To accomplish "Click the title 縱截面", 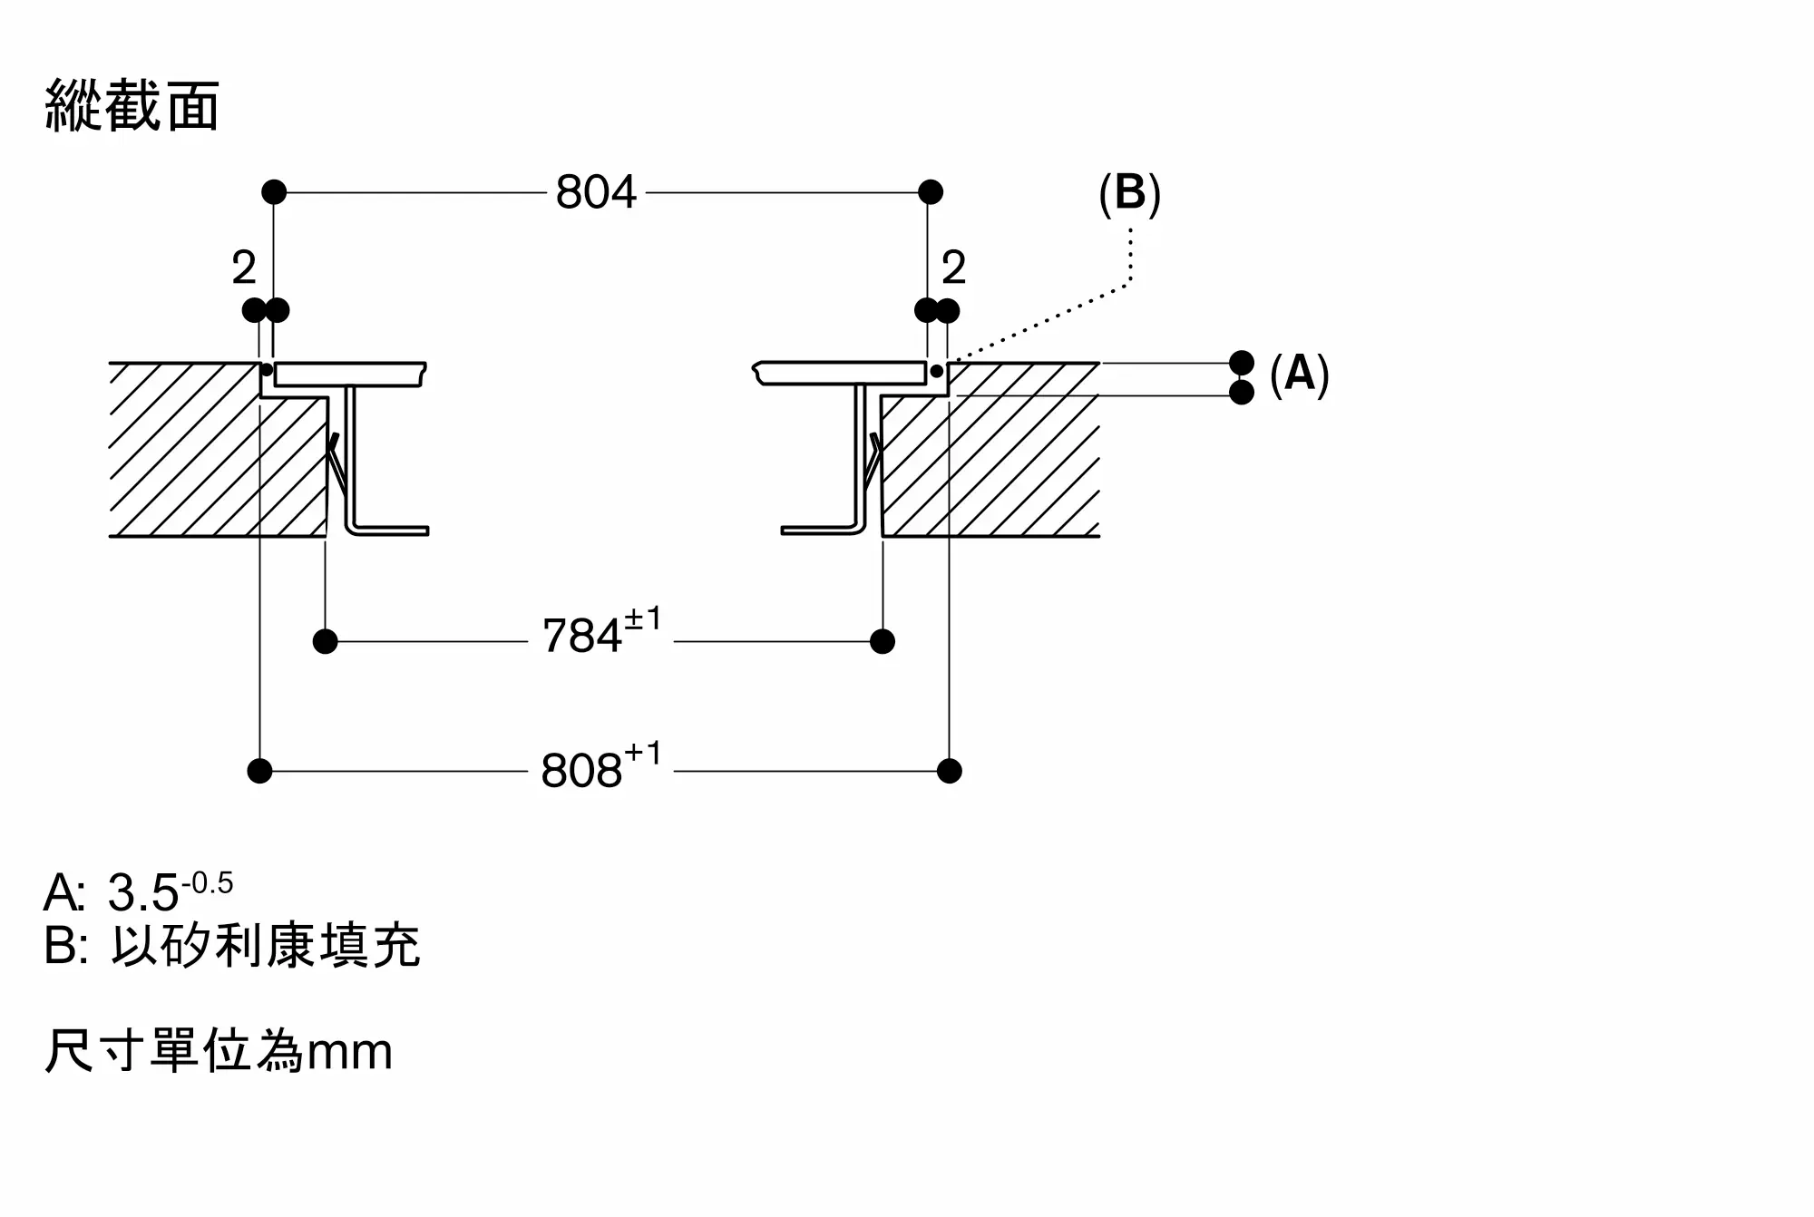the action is (x=132, y=106).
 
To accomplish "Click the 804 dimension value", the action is (x=596, y=192).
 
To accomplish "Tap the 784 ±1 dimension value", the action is (x=601, y=631).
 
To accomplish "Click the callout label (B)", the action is (x=1129, y=193).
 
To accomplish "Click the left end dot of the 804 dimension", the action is (x=274, y=192).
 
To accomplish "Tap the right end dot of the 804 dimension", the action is (x=931, y=192).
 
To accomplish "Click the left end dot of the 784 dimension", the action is (x=325, y=642).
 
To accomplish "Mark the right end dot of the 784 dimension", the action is (x=883, y=642).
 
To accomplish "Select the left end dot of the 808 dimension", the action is (x=259, y=772).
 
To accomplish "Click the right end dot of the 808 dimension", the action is (x=950, y=772).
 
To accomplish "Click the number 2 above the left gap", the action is (x=244, y=268).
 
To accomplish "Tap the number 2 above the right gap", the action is (x=954, y=268).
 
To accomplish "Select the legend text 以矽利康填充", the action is (x=266, y=946).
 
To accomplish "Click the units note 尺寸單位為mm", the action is (x=219, y=1051).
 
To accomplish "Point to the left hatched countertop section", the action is (x=218, y=450).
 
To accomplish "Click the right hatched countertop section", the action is (x=990, y=450).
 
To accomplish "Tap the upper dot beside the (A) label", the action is (x=1242, y=363).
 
